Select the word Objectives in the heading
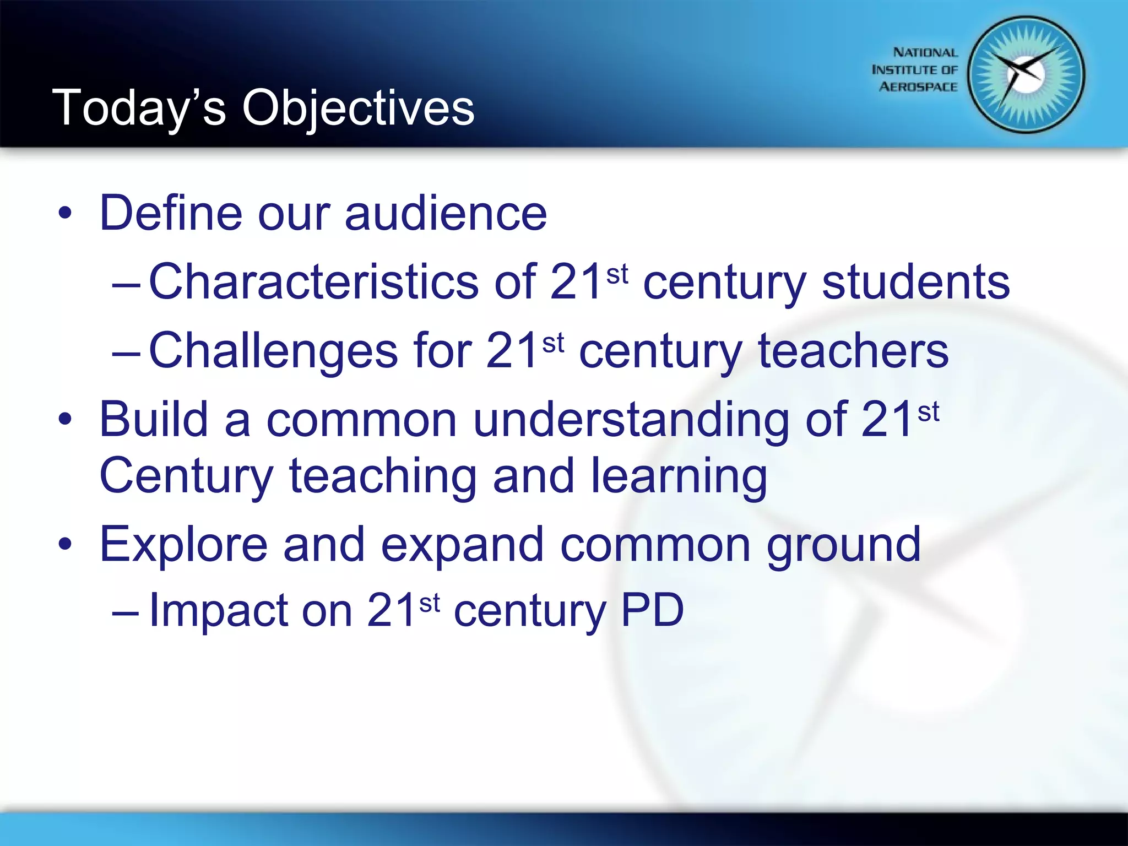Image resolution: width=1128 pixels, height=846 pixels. [x=358, y=108]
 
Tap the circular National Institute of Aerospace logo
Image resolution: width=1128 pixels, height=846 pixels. [x=1026, y=75]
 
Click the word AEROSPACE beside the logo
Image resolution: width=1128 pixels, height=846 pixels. [x=918, y=87]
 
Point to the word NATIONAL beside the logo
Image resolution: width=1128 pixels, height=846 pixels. [x=925, y=52]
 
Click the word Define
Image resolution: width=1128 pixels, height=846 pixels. [x=171, y=213]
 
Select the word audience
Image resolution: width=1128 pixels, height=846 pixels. [x=446, y=213]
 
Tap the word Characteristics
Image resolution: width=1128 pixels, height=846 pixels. [x=314, y=281]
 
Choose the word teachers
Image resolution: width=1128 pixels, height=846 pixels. [x=853, y=350]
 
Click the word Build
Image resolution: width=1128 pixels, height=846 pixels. [x=154, y=419]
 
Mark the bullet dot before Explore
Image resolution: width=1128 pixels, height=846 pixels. [x=65, y=545]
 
